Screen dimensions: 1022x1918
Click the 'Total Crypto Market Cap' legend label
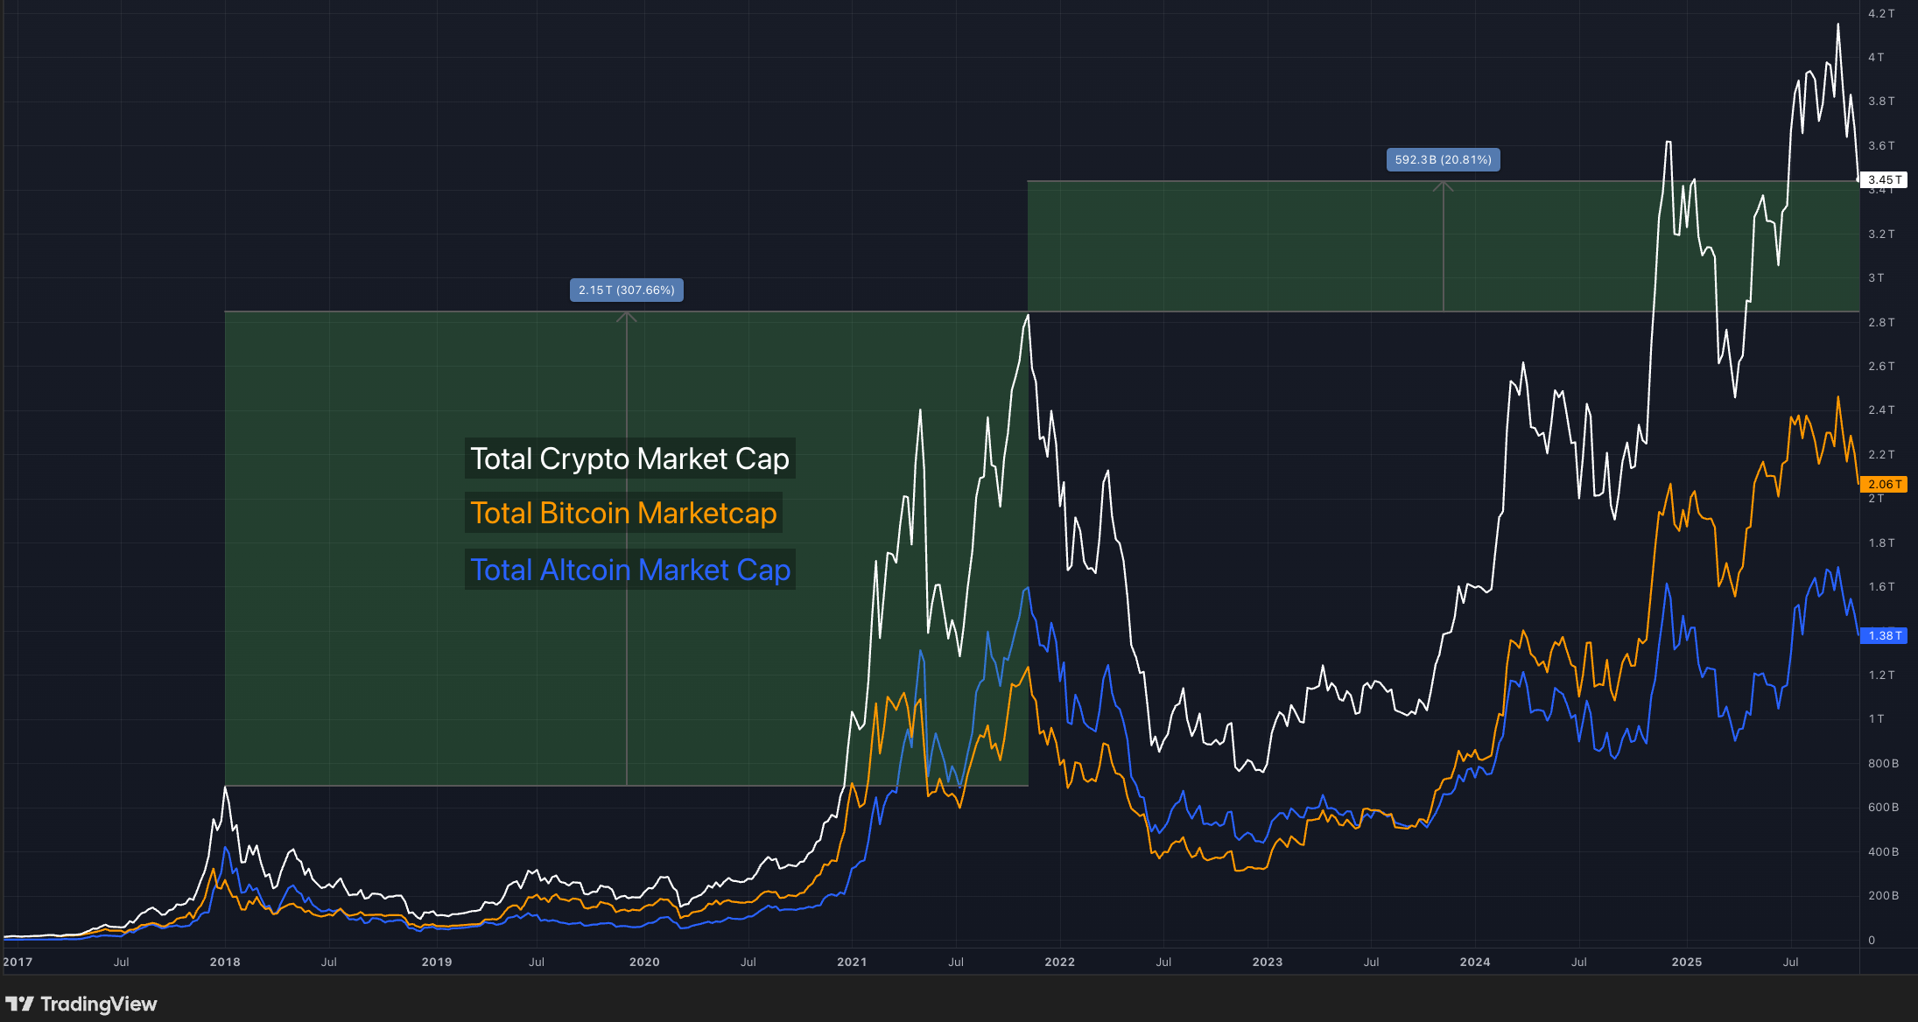tap(629, 458)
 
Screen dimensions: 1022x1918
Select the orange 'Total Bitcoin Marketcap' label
tap(623, 513)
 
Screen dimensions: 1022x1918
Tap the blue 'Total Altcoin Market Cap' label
tap(629, 570)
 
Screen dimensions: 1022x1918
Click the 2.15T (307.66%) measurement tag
tap(626, 290)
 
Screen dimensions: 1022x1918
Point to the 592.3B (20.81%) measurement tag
tap(1443, 159)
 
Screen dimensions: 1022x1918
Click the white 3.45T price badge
tap(1883, 179)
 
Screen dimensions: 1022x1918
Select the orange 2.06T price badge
tap(1883, 484)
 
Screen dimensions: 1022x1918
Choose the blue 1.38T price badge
tap(1883, 635)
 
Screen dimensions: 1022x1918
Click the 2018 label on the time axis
tap(225, 962)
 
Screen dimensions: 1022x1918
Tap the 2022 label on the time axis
tap(1059, 962)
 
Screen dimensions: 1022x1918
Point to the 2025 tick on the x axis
tap(1686, 962)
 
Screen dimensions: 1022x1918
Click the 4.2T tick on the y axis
tap(1880, 13)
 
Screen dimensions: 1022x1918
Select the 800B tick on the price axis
tap(1883, 763)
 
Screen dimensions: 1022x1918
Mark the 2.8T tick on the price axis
tap(1880, 322)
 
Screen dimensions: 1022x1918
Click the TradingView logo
tap(81, 1004)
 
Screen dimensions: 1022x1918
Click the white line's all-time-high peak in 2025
tap(1837, 24)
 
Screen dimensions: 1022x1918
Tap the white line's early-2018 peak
tap(225, 787)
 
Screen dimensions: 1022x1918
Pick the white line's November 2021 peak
tap(1028, 315)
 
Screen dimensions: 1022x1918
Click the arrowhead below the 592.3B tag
tap(1443, 185)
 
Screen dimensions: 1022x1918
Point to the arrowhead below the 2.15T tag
tap(626, 316)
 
